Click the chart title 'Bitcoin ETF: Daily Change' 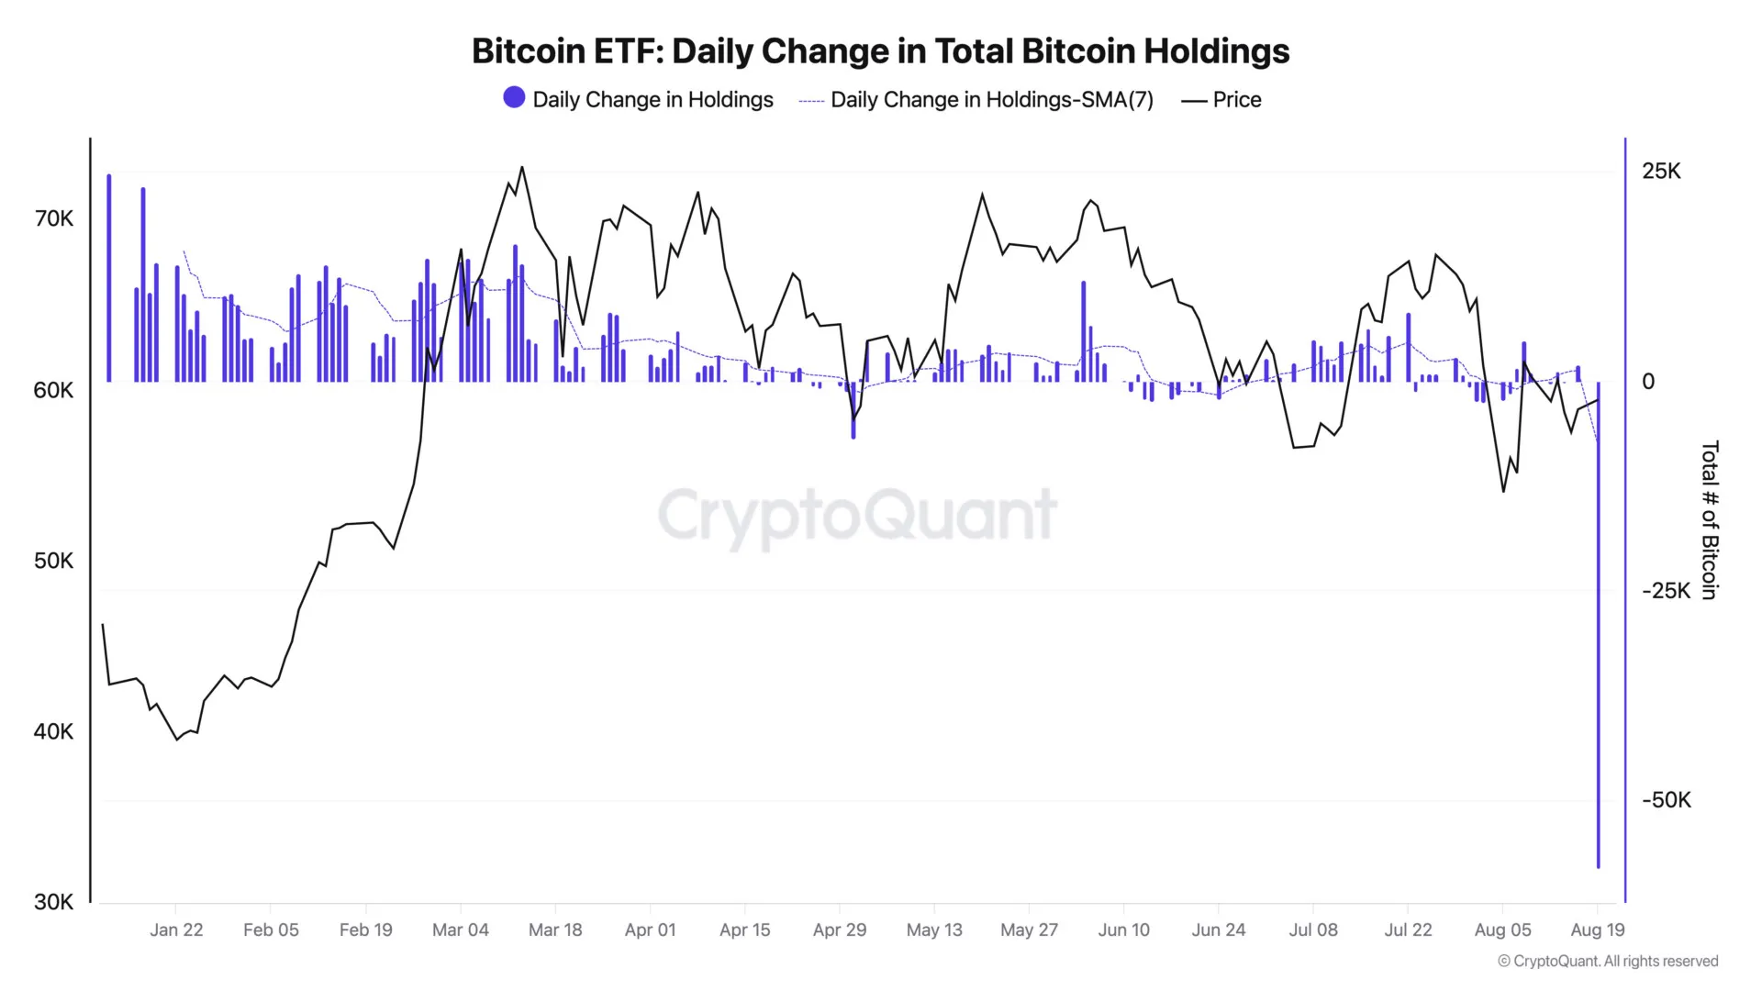coord(880,51)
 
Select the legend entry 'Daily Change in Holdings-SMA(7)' coord(991,100)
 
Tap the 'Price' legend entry coord(1236,100)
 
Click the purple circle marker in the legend coord(514,97)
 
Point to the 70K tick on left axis coord(53,218)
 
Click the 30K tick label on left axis coord(53,902)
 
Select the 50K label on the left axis coord(53,561)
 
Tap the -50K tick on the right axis coord(1666,800)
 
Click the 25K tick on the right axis coord(1661,172)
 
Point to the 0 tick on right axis coord(1648,382)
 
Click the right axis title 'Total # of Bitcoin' coord(1709,520)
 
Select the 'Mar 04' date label coord(461,930)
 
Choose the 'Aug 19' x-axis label coord(1597,930)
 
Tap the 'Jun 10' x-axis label coord(1123,930)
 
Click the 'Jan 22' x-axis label coord(176,930)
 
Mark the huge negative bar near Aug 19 coord(1598,642)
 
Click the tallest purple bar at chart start coord(109,275)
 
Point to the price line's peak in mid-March coord(522,168)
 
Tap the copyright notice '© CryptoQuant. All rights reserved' coord(1608,961)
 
